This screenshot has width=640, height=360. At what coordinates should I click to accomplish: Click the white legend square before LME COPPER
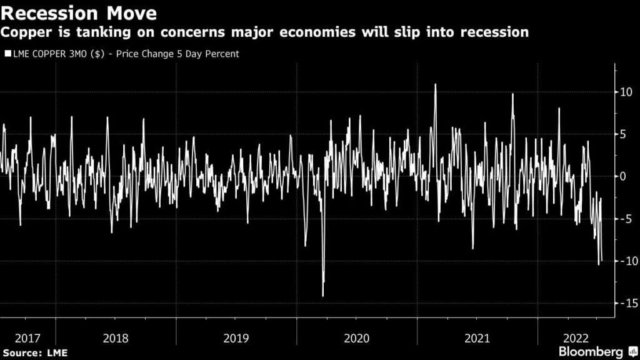pos(7,54)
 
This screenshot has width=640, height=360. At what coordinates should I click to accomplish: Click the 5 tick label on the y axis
pos(624,134)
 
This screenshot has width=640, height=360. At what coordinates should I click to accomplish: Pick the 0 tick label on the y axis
pos(624,176)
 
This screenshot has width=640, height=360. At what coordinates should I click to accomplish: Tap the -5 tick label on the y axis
pos(625,219)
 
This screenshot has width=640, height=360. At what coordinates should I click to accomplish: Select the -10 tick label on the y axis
pos(626,261)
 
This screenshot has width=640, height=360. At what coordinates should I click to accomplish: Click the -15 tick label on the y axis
pos(626,303)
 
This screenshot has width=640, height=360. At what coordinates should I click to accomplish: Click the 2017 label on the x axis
pos(27,338)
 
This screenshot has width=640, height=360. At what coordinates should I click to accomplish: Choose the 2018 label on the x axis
pos(116,338)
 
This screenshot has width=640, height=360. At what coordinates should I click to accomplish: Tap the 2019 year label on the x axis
pos(236,338)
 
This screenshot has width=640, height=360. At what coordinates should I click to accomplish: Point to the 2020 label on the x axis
pos(357,338)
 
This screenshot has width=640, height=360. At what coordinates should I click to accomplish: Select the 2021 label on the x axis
pos(477,338)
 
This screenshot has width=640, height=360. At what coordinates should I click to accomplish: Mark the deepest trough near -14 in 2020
pos(323,296)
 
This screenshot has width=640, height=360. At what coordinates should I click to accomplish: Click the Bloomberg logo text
pos(591,352)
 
